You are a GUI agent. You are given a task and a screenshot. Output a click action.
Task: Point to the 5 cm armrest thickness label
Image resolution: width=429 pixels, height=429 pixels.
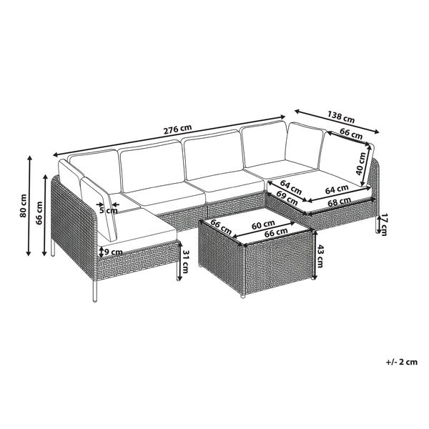tap(108, 210)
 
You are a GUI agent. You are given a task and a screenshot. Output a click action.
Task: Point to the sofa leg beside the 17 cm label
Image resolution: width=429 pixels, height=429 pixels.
tap(376, 225)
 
